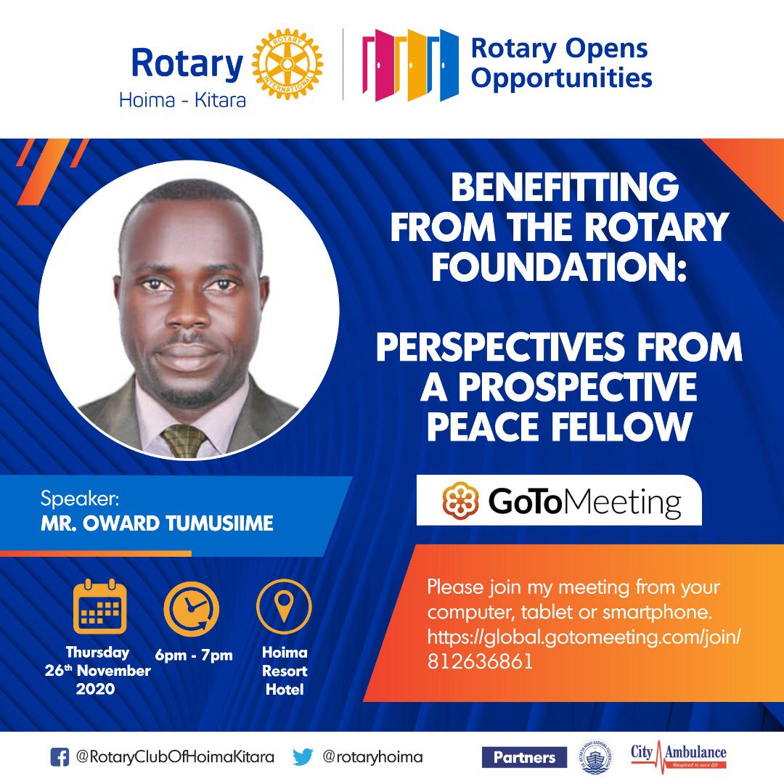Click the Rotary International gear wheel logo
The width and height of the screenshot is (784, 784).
coord(287,65)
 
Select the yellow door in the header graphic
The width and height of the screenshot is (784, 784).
coord(414,65)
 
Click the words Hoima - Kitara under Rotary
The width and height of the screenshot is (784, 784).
coord(182,99)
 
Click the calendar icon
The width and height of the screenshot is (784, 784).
coord(99,608)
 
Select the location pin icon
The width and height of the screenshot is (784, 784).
coord(284,606)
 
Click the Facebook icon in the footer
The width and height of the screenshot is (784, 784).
coord(60,757)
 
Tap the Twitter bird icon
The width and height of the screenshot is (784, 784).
coord(303,757)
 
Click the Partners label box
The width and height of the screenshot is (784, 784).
coord(524,757)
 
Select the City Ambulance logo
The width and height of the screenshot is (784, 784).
coord(678,755)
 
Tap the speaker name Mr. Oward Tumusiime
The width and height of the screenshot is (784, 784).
coord(157,523)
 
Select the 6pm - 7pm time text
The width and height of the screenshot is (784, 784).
coord(194,656)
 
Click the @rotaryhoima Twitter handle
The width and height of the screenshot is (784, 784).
coord(372,757)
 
